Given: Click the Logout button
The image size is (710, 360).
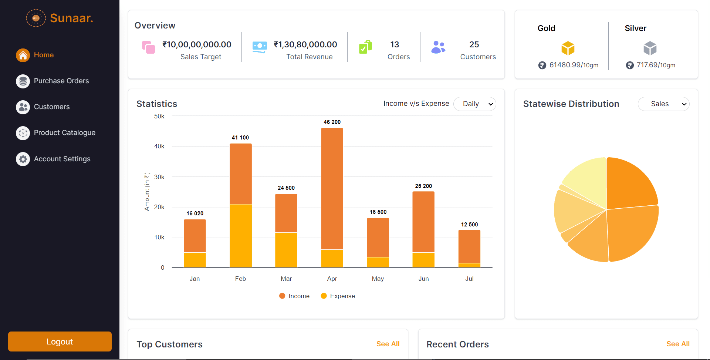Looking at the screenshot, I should pyautogui.click(x=60, y=341).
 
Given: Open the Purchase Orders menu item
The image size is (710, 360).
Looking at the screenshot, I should pyautogui.click(x=61, y=81).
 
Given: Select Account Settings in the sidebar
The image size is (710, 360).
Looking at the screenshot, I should pyautogui.click(x=62, y=159).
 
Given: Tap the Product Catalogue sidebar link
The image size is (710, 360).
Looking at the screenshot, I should pyautogui.click(x=64, y=132).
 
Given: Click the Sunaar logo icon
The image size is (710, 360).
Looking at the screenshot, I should pyautogui.click(x=36, y=18).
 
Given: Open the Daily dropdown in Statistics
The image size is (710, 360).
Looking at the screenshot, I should pyautogui.click(x=474, y=104).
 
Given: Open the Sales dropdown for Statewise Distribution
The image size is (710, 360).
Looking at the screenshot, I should pyautogui.click(x=663, y=104).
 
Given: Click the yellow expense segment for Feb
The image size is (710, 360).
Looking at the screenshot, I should pyautogui.click(x=240, y=235).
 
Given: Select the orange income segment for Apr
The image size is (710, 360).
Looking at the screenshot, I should pyautogui.click(x=332, y=189).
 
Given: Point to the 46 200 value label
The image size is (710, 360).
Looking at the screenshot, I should pyautogui.click(x=332, y=122).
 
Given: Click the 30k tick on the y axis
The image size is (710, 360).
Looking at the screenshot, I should pyautogui.click(x=159, y=177).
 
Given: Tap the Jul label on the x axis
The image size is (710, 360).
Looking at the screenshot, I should pyautogui.click(x=469, y=279).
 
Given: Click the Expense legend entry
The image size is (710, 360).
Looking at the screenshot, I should pyautogui.click(x=338, y=296).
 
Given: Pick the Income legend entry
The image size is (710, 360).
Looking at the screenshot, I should pyautogui.click(x=294, y=296).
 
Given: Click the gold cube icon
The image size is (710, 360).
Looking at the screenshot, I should pyautogui.click(x=568, y=48).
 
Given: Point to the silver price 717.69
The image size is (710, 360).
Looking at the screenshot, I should pyautogui.click(x=647, y=65).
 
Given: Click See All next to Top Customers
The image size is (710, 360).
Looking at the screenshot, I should pyautogui.click(x=388, y=344).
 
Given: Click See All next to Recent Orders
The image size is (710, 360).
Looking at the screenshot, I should pyautogui.click(x=677, y=344).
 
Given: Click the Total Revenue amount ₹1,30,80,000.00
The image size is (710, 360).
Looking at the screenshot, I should pyautogui.click(x=305, y=44).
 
